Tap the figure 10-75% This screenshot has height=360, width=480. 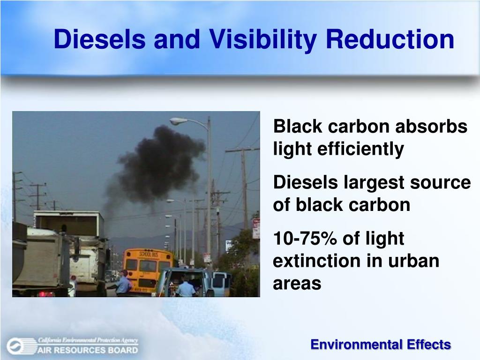coord(299,238)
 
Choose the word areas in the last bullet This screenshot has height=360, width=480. coord(297,283)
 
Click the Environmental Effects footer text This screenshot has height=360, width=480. coord(381,345)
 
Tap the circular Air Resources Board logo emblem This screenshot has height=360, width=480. coord(15,346)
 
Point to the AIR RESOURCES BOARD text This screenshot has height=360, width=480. coord(88,349)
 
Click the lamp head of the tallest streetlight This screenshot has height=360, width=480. coord(178,121)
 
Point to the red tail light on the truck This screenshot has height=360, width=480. coord(46,294)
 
